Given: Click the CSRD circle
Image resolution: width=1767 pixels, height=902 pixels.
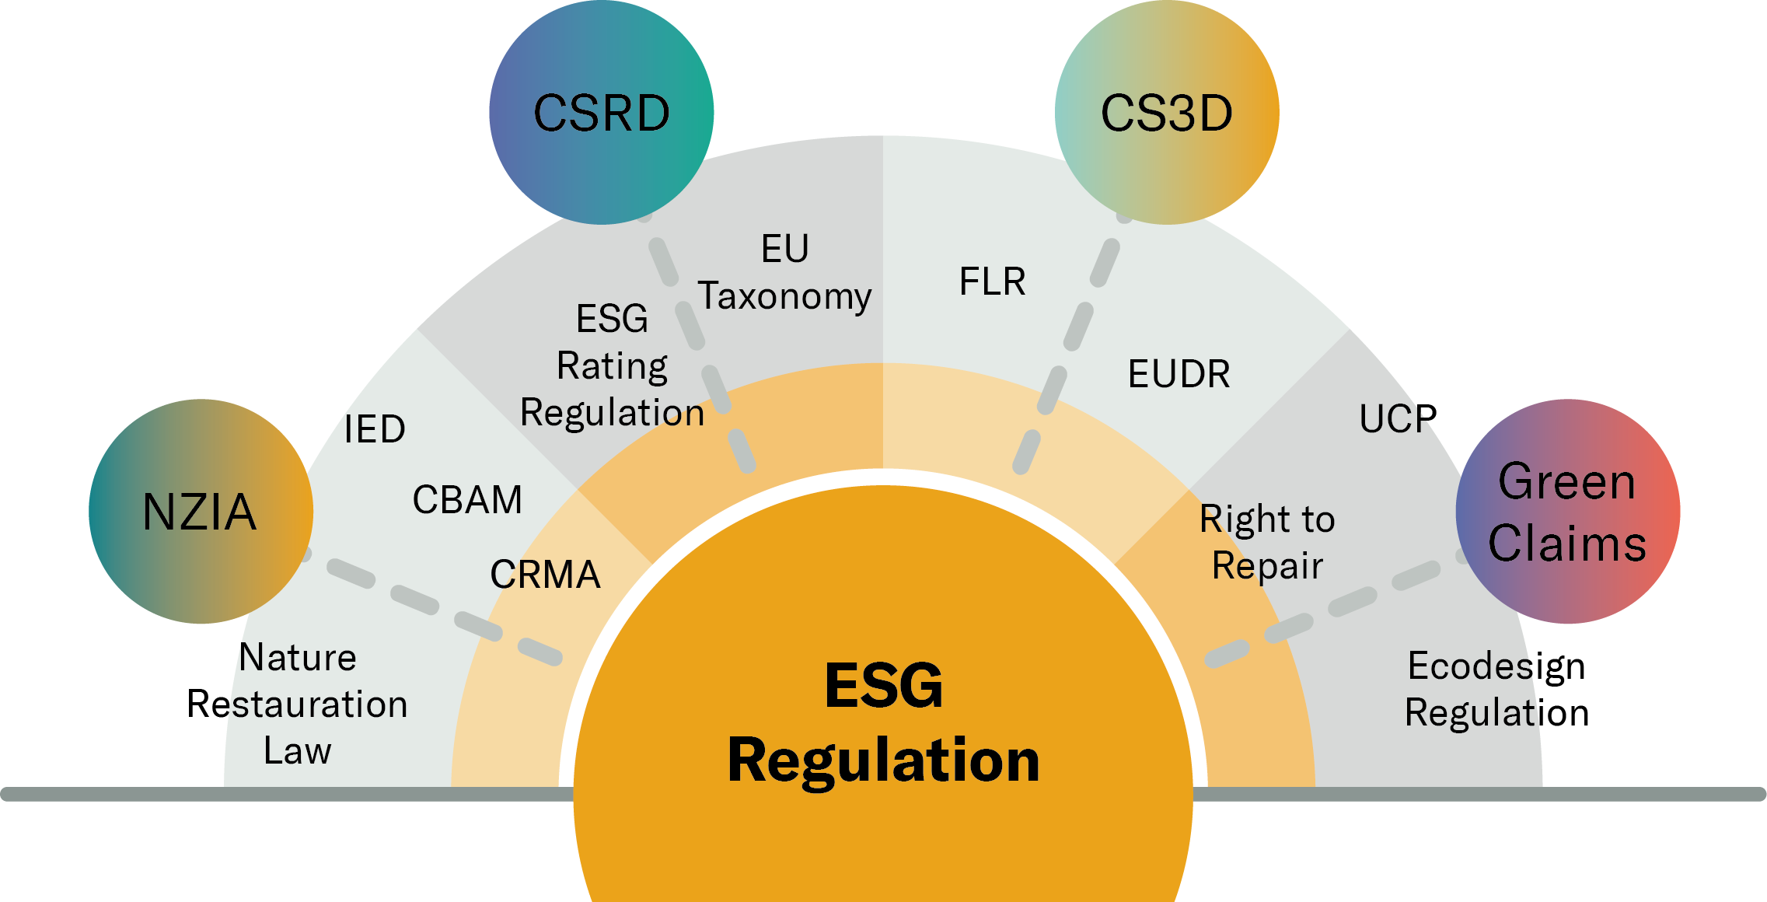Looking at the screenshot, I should pyautogui.click(x=601, y=113).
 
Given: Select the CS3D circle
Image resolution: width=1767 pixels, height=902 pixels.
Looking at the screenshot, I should pyautogui.click(x=1167, y=113).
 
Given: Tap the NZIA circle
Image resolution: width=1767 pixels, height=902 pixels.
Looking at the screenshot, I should pyautogui.click(x=201, y=512).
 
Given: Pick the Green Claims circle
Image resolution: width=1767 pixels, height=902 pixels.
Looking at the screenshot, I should pyautogui.click(x=1568, y=512).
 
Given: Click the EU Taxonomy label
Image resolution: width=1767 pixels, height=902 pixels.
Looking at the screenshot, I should pyautogui.click(x=784, y=272).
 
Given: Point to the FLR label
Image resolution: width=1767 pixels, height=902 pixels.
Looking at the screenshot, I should pyautogui.click(x=992, y=281).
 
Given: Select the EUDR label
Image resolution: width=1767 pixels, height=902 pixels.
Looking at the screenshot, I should pyautogui.click(x=1179, y=374).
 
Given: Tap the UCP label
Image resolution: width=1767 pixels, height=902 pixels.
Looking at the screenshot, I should pyautogui.click(x=1398, y=419).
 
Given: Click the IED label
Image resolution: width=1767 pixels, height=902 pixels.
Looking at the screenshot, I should pyautogui.click(x=375, y=429).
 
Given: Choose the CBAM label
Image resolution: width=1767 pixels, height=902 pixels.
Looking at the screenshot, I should pyautogui.click(x=467, y=500).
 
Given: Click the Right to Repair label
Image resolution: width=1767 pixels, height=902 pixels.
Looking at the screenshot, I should pyautogui.click(x=1267, y=542).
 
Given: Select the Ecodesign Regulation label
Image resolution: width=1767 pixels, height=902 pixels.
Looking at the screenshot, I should pyautogui.click(x=1496, y=690).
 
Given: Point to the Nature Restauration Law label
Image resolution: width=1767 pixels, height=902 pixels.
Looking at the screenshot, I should pyautogui.click(x=297, y=704).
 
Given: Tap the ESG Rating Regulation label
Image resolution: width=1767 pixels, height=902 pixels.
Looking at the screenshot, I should pyautogui.click(x=612, y=365).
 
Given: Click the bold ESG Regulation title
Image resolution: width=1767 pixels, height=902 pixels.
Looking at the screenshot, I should pyautogui.click(x=883, y=723).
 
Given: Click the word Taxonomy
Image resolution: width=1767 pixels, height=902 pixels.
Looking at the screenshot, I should pyautogui.click(x=784, y=297).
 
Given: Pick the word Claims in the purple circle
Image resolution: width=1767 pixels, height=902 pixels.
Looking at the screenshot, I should pyautogui.click(x=1567, y=543).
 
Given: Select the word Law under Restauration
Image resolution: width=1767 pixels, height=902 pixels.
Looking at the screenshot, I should pyautogui.click(x=297, y=751).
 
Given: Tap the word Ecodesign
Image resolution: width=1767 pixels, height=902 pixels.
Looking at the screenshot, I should pyautogui.click(x=1496, y=667).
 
